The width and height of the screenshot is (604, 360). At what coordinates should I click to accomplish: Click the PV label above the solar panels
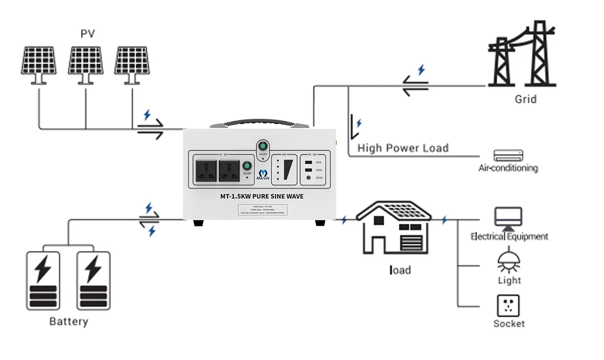(x=88, y=34)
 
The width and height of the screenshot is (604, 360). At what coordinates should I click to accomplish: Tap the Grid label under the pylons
(x=525, y=99)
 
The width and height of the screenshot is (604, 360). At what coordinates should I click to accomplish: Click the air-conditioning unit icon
(x=509, y=156)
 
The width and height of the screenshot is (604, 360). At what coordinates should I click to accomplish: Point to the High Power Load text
(x=402, y=148)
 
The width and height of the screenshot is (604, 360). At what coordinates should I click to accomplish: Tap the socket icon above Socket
(x=509, y=305)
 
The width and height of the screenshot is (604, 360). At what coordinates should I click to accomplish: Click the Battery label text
(x=68, y=322)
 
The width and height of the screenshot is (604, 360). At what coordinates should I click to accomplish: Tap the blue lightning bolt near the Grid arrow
(x=421, y=69)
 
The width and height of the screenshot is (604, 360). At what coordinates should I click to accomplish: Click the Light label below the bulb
(x=509, y=280)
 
